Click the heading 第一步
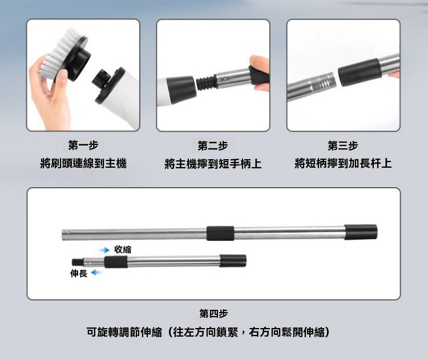[x=83, y=145]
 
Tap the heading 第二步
[x=213, y=145]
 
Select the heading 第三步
[x=343, y=145]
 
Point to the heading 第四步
[x=213, y=313]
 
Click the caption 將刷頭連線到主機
[x=83, y=164]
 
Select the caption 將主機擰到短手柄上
[x=213, y=164]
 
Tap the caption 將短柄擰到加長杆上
[x=343, y=164]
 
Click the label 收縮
[x=123, y=249]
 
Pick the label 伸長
[x=79, y=273]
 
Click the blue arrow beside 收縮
[x=104, y=250]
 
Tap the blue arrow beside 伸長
[x=98, y=272]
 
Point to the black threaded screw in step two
[x=207, y=83]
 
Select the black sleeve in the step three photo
[x=360, y=72]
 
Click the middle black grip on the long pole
[x=220, y=233]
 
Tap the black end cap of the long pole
[x=361, y=232]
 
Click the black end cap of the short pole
[x=233, y=261]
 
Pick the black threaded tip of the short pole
[x=78, y=262]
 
